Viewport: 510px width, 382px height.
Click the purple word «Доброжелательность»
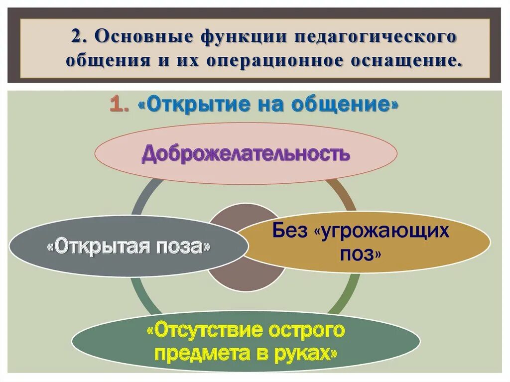pyautogui.click(x=246, y=153)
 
